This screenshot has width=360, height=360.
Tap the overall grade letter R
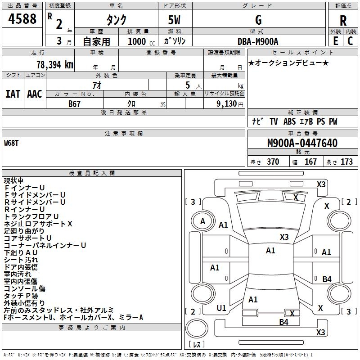click(343, 21)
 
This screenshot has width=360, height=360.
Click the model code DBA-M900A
click(258, 42)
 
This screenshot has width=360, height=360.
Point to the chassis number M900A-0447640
click(302, 144)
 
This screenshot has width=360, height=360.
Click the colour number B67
click(74, 103)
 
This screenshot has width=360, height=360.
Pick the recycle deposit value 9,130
click(224, 104)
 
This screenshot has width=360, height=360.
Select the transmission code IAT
click(13, 94)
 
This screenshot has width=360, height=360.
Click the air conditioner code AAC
click(34, 94)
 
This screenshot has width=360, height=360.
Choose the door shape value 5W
click(175, 21)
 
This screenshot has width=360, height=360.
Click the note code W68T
click(12, 143)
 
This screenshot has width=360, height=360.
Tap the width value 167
click(310, 162)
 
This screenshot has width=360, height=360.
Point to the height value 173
click(346, 162)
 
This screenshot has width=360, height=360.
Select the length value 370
click(273, 162)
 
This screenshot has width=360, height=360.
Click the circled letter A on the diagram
click(203, 221)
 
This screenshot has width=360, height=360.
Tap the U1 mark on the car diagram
click(221, 308)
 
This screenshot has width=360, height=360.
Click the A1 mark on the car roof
click(270, 251)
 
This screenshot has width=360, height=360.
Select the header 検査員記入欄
click(92, 173)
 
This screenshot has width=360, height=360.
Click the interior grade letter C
click(350, 41)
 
